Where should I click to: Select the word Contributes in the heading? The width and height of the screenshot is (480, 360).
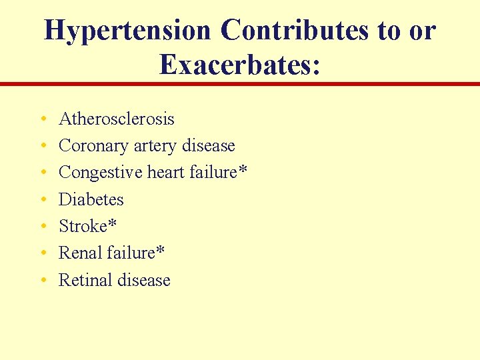(x=294, y=31)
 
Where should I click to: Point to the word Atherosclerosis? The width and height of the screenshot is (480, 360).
(x=117, y=119)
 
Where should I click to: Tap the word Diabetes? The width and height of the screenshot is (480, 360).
(x=91, y=199)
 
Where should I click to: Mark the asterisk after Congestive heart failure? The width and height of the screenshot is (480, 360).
(x=243, y=170)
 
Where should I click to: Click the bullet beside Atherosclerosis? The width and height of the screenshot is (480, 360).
(x=43, y=120)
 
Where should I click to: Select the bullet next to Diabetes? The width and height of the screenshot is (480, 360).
(x=43, y=200)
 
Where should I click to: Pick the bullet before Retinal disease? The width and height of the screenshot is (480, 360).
(x=43, y=281)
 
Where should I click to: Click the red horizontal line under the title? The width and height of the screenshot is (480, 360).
(x=240, y=84)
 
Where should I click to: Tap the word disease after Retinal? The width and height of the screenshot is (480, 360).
(x=143, y=280)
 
